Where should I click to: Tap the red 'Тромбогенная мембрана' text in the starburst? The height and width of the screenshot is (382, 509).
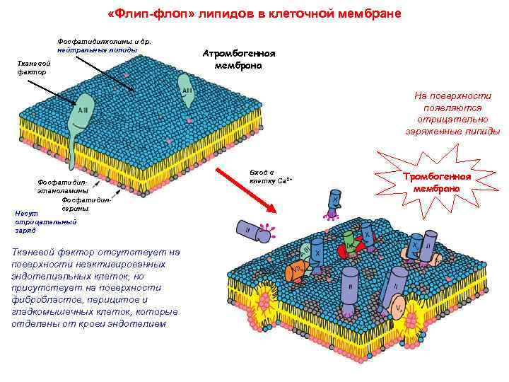[x=436, y=183]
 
